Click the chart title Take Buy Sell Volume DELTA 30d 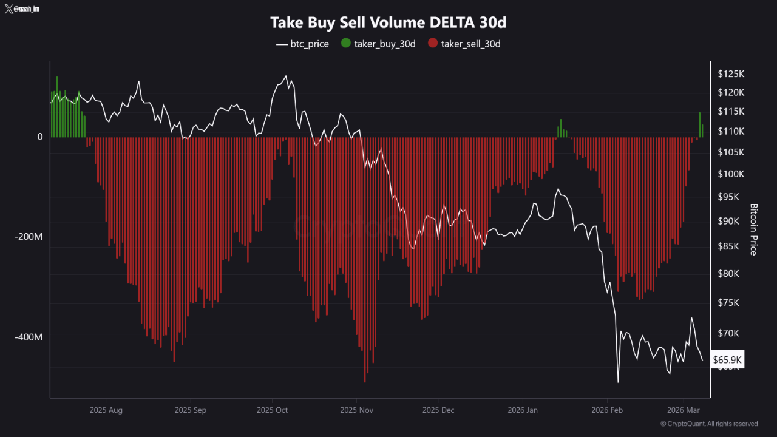click(388, 23)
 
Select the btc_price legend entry click(302, 44)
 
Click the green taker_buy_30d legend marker click(346, 44)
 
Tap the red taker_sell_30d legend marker click(432, 44)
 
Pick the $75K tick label click(729, 302)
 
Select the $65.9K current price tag click(727, 360)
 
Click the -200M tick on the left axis click(29, 237)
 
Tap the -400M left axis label click(29, 337)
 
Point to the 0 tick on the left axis click(40, 137)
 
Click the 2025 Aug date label click(106, 410)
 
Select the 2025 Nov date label click(358, 410)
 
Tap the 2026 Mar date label click(684, 410)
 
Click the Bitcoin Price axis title click(754, 229)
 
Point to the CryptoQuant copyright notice click(708, 424)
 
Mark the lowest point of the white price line click(618, 382)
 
